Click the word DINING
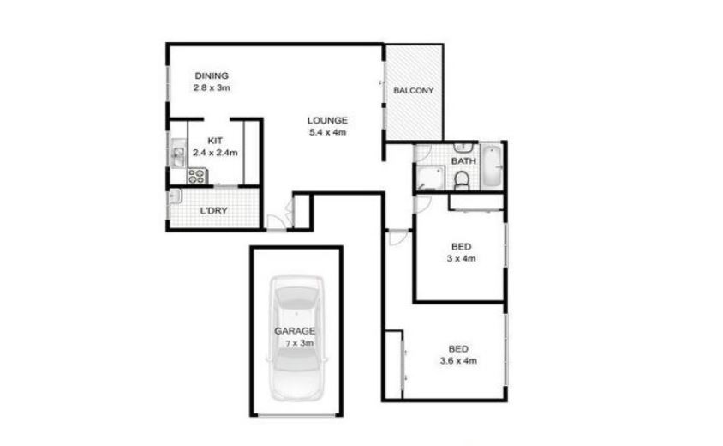[212, 75]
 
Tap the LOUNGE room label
[327, 120]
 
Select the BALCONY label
[414, 91]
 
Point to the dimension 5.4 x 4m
[327, 132]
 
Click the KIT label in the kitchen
[215, 141]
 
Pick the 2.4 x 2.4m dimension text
[215, 153]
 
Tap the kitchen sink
[178, 154]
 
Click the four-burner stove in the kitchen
[197, 176]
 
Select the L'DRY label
[214, 210]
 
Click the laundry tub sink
[176, 197]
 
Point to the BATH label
[463, 161]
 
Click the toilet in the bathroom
[461, 180]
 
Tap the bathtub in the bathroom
[492, 166]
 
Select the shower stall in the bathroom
[430, 178]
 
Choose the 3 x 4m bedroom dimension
[461, 258]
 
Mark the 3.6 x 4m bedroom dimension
[458, 361]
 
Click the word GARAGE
[295, 331]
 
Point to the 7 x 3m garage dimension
[299, 343]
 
